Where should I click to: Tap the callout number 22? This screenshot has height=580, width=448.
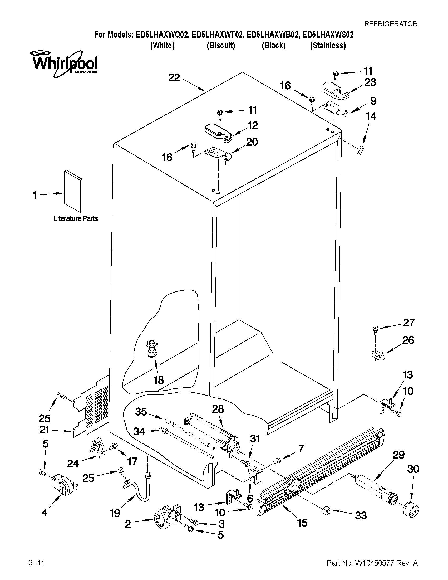click(x=174, y=78)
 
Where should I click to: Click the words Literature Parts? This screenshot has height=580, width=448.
click(x=76, y=218)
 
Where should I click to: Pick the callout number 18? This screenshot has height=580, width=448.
click(x=159, y=380)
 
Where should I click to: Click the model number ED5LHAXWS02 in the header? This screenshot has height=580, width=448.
click(x=328, y=35)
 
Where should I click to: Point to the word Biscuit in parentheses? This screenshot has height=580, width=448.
click(x=221, y=46)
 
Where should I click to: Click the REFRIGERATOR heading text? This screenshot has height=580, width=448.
click(x=391, y=24)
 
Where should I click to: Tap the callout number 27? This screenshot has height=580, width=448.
click(x=409, y=323)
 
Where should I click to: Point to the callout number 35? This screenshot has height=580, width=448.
click(x=141, y=412)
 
